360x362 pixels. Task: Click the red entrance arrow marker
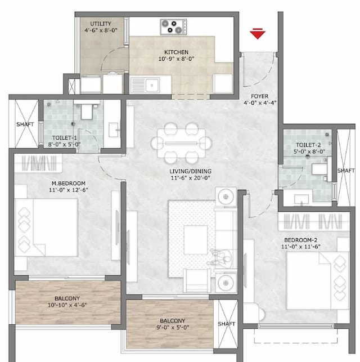click(258, 35)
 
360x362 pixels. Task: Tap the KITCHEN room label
click(173, 52)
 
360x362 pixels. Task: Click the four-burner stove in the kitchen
click(173, 26)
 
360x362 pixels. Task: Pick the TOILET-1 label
click(66, 137)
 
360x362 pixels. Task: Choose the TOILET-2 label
click(306, 144)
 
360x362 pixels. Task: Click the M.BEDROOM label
click(67, 183)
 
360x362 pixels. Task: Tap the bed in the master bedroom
click(46, 227)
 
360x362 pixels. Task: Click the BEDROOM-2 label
click(307, 240)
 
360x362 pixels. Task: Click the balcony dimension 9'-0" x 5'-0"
click(169, 326)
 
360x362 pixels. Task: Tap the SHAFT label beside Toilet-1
click(25, 124)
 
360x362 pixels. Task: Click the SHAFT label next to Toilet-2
click(345, 170)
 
